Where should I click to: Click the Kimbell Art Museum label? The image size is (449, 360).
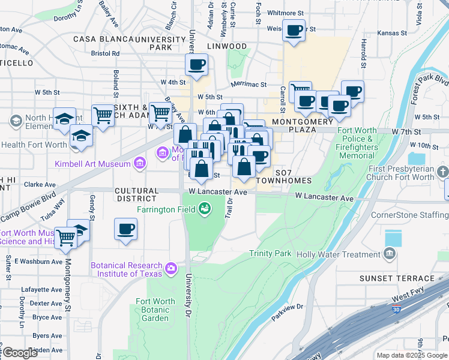click(x=92, y=164)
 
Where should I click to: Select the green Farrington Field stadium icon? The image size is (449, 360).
click(x=205, y=208)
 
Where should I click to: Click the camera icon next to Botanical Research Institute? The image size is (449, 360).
click(x=171, y=267)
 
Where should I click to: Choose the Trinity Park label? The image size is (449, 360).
click(x=270, y=254)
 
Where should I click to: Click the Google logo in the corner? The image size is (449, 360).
click(x=20, y=353)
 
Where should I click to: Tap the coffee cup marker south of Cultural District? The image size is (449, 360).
click(x=126, y=229)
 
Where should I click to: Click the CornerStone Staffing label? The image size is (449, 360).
click(x=409, y=215)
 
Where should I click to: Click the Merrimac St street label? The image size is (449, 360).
click(x=247, y=86)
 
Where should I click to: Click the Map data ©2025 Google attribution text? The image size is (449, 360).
click(x=411, y=355)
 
